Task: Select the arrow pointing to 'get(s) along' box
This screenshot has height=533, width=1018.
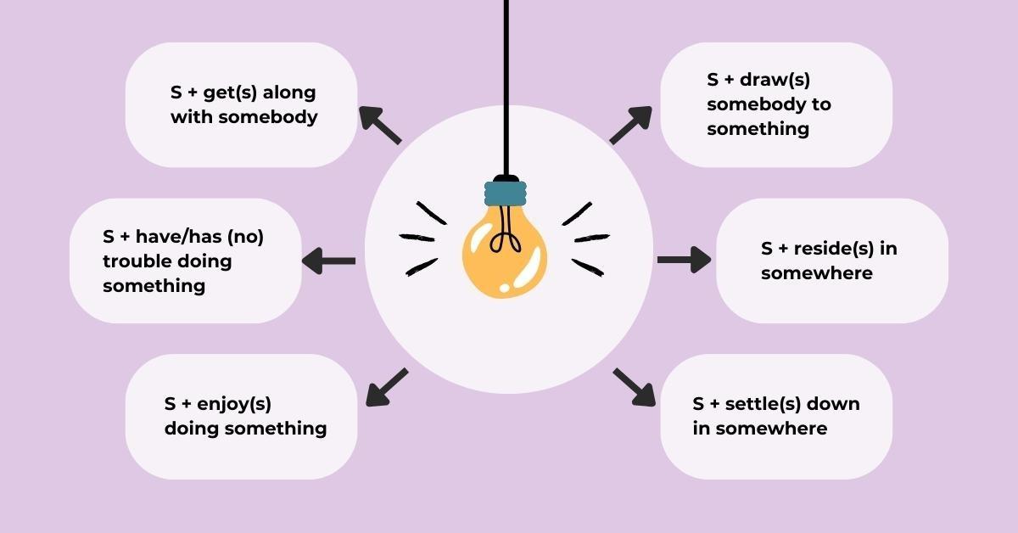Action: click(x=379, y=125)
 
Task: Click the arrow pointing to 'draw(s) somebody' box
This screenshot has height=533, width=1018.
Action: click(x=630, y=125)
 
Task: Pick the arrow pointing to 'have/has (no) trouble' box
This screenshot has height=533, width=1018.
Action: click(x=329, y=261)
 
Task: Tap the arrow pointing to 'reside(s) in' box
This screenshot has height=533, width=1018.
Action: click(x=684, y=259)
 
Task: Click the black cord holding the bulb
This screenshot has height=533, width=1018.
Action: click(x=506, y=85)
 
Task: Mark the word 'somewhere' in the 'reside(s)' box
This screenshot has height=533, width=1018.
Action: click(x=816, y=273)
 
